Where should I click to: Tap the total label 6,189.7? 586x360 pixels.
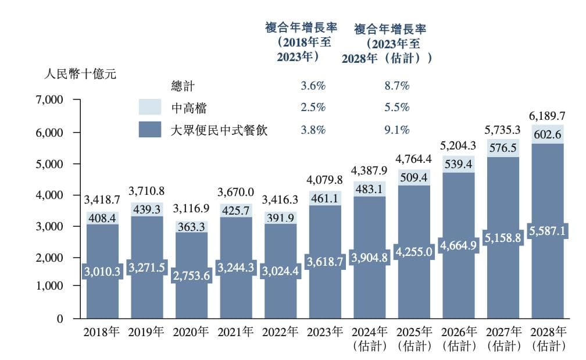(x=547, y=115)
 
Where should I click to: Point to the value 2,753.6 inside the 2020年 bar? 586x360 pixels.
(x=191, y=276)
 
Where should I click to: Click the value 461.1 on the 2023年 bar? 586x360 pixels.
(x=324, y=198)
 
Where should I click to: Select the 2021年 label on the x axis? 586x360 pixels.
(x=235, y=333)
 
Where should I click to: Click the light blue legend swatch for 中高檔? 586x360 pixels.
(x=150, y=107)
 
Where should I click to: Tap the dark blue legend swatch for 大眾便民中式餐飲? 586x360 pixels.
(x=150, y=129)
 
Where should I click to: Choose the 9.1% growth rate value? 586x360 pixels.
(x=397, y=130)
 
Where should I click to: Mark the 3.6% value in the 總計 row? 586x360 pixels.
(x=313, y=85)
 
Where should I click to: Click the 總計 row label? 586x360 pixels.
(x=183, y=86)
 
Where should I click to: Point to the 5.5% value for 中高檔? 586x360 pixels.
(x=397, y=108)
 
